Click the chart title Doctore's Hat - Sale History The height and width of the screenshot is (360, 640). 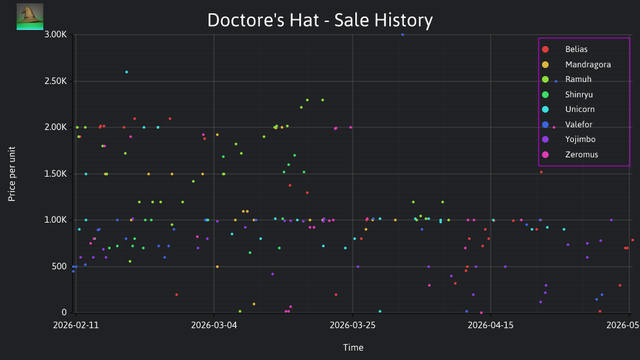[x=320, y=20]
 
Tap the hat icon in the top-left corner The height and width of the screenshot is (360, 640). [x=30, y=17]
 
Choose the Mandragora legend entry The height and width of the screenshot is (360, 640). [x=576, y=65]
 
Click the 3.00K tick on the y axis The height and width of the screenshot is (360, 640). [x=55, y=34]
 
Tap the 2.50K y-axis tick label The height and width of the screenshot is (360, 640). [x=55, y=81]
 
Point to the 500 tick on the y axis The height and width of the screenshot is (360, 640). [x=59, y=267]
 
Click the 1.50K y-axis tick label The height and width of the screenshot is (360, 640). [x=55, y=174]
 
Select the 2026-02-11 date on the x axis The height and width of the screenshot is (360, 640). [x=76, y=325]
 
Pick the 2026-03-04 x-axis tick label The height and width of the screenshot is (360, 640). [x=214, y=325]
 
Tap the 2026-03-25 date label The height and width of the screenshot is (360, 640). [x=352, y=325]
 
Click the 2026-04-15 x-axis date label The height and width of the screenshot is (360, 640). [x=491, y=325]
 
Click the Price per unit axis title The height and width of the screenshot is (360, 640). [x=12, y=174]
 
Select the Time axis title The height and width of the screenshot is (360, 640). [x=353, y=347]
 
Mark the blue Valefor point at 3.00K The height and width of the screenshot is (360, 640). [x=403, y=35]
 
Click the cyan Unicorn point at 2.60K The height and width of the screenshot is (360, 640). [x=127, y=72]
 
